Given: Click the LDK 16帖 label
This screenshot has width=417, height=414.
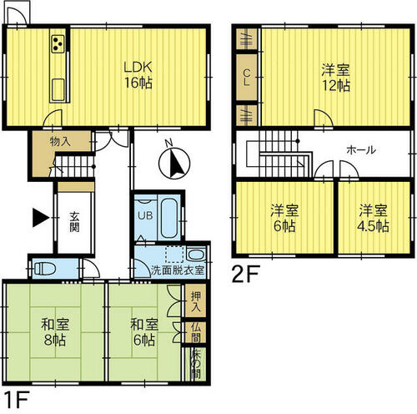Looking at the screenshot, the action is click(x=138, y=75).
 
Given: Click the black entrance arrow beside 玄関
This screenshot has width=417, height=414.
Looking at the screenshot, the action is click(x=41, y=217).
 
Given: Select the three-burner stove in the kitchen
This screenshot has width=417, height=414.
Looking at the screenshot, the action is click(x=58, y=44).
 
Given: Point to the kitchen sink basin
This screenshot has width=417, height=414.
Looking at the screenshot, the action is click(x=58, y=89).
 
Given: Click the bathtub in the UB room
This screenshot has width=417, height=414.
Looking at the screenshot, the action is click(x=169, y=217).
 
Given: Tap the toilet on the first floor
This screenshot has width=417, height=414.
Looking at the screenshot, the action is click(x=44, y=269).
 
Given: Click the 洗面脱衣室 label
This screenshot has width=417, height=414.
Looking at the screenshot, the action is click(x=178, y=270).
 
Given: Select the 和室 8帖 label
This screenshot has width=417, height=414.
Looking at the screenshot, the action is click(x=55, y=332).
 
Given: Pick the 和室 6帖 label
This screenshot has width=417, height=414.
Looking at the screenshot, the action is click(x=144, y=332).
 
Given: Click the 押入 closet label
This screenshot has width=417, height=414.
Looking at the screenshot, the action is click(x=196, y=301).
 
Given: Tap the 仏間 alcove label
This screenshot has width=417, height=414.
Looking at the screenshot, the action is click(x=196, y=333).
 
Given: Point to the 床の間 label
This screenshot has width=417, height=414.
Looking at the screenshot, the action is click(x=196, y=364).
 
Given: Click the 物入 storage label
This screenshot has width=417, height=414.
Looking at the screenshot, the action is click(x=60, y=142).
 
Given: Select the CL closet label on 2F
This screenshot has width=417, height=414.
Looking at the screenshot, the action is click(x=246, y=78).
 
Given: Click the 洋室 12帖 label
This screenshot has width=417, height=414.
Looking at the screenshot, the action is click(x=335, y=78).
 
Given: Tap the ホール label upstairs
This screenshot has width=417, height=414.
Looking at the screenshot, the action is click(x=361, y=150).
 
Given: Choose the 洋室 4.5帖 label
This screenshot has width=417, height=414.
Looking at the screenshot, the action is click(x=373, y=219).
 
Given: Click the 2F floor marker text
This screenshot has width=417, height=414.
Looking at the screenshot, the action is click(x=246, y=274).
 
